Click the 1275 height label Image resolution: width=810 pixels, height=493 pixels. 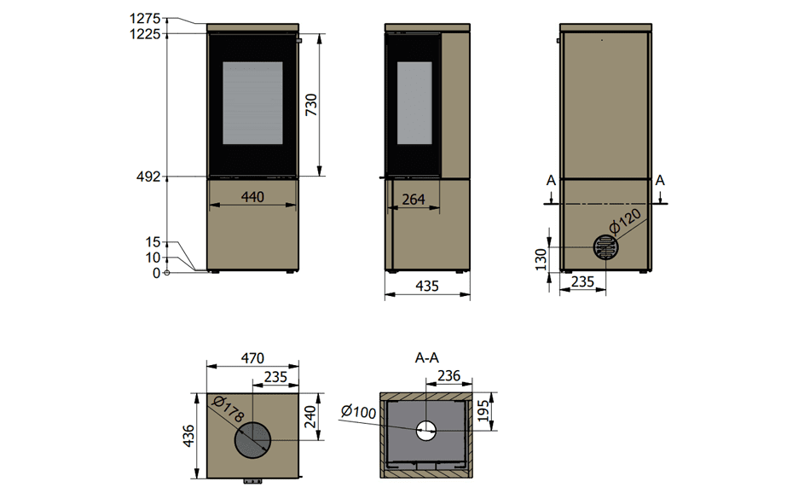[145, 19]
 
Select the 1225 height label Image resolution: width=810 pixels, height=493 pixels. [145, 34]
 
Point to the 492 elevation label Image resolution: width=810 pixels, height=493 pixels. [148, 177]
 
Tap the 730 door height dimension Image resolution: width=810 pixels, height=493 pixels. [311, 105]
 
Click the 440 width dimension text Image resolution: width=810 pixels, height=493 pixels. [252, 197]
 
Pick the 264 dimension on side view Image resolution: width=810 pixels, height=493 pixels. [414, 200]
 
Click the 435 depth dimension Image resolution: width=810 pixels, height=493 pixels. [427, 287]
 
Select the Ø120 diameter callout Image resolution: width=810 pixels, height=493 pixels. [625, 221]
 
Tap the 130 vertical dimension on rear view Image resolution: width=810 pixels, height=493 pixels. [541, 259]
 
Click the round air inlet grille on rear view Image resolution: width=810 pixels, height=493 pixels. [605, 247]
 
